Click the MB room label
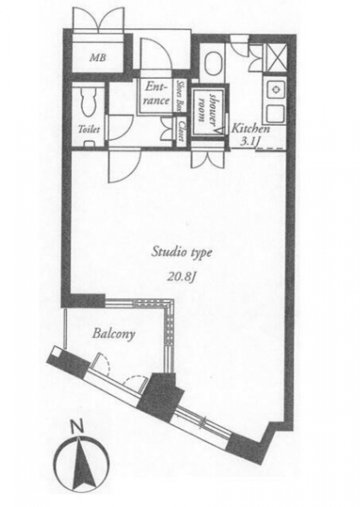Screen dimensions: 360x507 pyautogui.click(x=98, y=58)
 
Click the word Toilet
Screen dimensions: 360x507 pyautogui.click(x=89, y=130)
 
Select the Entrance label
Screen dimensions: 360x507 pyautogui.click(x=157, y=94)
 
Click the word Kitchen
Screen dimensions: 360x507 pyautogui.click(x=251, y=129)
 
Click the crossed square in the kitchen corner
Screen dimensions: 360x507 pyautogui.click(x=276, y=58)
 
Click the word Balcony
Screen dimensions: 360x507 pyautogui.click(x=113, y=334)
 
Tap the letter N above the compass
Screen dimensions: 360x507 pyautogui.click(x=78, y=428)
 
